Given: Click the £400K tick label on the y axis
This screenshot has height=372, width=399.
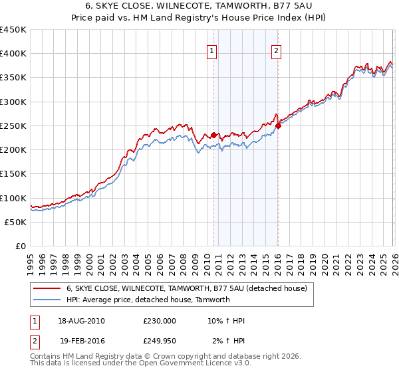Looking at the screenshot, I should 13,54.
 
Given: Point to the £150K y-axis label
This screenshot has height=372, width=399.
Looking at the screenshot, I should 13,174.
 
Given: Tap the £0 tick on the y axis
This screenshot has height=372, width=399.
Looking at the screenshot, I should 21,246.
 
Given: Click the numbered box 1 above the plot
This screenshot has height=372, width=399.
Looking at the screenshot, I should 211,50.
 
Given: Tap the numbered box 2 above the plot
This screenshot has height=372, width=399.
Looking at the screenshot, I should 276,50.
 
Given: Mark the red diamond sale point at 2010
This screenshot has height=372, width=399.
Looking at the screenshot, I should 213,136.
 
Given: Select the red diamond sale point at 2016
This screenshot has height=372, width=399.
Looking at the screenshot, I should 278,126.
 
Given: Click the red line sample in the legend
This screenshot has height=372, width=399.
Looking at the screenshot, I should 47,289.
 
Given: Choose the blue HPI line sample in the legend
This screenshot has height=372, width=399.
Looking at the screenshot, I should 47,300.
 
